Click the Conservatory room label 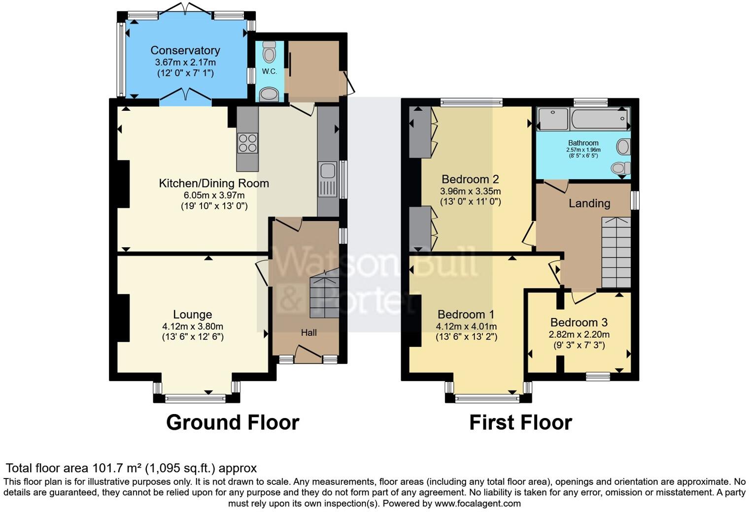[185, 50]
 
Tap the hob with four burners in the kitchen [247, 143]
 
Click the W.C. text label [269, 71]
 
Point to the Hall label [308, 333]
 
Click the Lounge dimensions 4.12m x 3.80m [193, 326]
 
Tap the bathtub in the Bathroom [600, 119]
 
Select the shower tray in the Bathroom [553, 119]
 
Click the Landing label [589, 203]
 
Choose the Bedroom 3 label [579, 322]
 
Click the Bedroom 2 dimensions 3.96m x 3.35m [470, 192]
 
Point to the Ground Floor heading [233, 423]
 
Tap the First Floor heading [521, 423]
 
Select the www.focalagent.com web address [477, 503]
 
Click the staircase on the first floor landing [616, 253]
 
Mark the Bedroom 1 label [466, 314]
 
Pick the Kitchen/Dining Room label [214, 183]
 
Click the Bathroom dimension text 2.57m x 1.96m [583, 150]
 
